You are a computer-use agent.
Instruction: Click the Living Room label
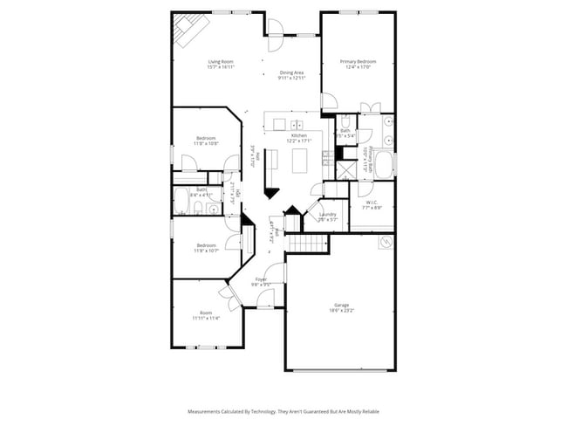pyautogui.click(x=221, y=64)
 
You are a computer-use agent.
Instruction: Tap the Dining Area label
pyautogui.click(x=291, y=75)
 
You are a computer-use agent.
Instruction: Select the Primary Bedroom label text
pyautogui.click(x=360, y=64)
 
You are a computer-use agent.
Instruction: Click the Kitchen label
pyautogui.click(x=299, y=139)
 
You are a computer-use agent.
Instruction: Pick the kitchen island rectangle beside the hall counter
pyautogui.click(x=301, y=161)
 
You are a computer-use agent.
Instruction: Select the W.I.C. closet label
pyautogui.click(x=372, y=206)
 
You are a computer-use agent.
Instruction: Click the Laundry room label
pyautogui.click(x=328, y=216)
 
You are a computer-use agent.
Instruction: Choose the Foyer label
pyautogui.click(x=261, y=281)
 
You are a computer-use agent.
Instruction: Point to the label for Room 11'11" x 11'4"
pyautogui.click(x=206, y=316)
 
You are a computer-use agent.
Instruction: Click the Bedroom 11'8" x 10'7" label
pyautogui.click(x=206, y=248)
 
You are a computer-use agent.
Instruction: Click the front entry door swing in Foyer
pyautogui.click(x=268, y=299)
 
